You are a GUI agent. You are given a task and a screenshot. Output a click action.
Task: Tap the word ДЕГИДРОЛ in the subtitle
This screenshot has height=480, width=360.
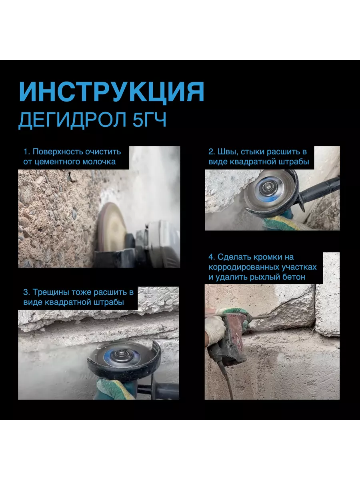click(x=72, y=120)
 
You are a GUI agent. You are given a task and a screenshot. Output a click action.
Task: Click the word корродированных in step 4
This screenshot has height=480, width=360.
click(x=244, y=267)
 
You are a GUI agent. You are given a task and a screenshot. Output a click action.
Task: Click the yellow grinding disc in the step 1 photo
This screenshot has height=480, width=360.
click(x=112, y=228)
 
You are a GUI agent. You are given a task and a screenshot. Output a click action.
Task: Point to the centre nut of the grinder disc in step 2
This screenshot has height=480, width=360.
click(x=267, y=186)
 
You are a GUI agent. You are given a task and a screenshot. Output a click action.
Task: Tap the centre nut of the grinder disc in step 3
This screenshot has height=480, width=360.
click(x=120, y=352)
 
